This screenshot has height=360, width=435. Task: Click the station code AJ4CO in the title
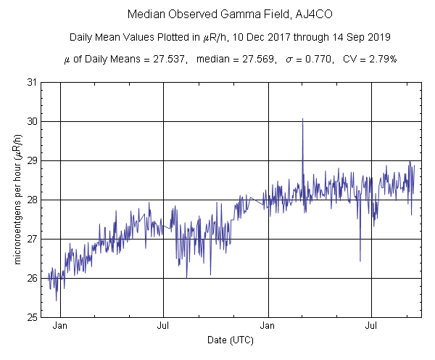[x=293, y=15]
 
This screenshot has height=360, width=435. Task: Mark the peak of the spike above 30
[x=302, y=118]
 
